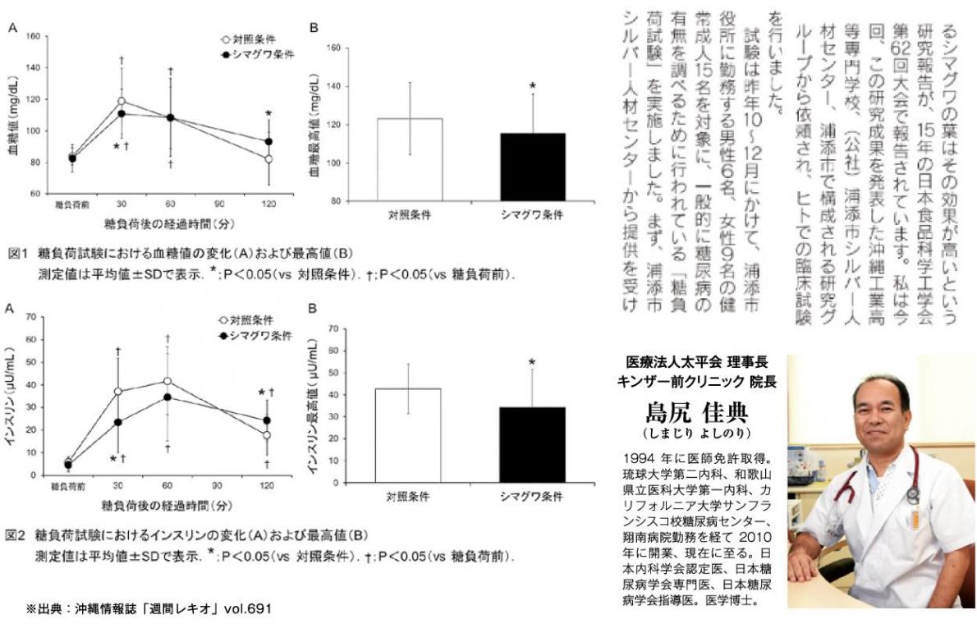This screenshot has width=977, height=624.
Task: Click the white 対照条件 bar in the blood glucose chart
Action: [410, 160]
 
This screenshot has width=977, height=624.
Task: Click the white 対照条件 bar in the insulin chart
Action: [409, 432]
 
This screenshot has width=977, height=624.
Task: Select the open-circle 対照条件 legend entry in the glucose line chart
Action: [246, 39]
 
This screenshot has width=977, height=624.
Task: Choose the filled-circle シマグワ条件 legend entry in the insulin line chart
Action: [250, 335]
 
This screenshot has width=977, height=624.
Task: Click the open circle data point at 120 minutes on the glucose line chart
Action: [268, 158]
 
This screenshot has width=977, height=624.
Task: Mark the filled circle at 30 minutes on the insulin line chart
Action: [117, 422]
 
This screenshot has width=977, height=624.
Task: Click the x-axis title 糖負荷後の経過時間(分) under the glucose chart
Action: [168, 223]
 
